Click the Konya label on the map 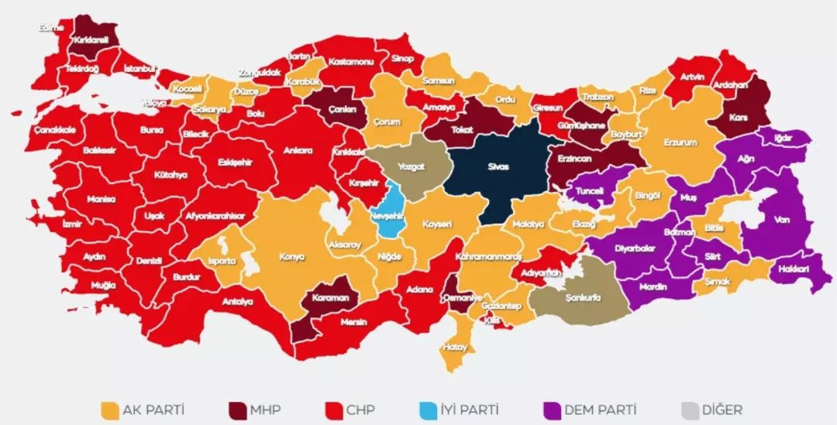293,256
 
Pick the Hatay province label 455,347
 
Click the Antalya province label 239,301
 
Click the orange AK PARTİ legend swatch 111,409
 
